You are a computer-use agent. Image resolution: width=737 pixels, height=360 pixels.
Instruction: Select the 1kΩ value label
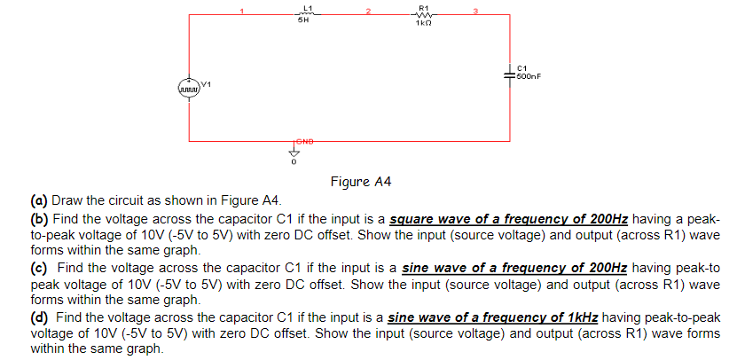coord(422,23)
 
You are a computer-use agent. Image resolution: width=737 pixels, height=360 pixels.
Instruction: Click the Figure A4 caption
coord(360,182)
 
